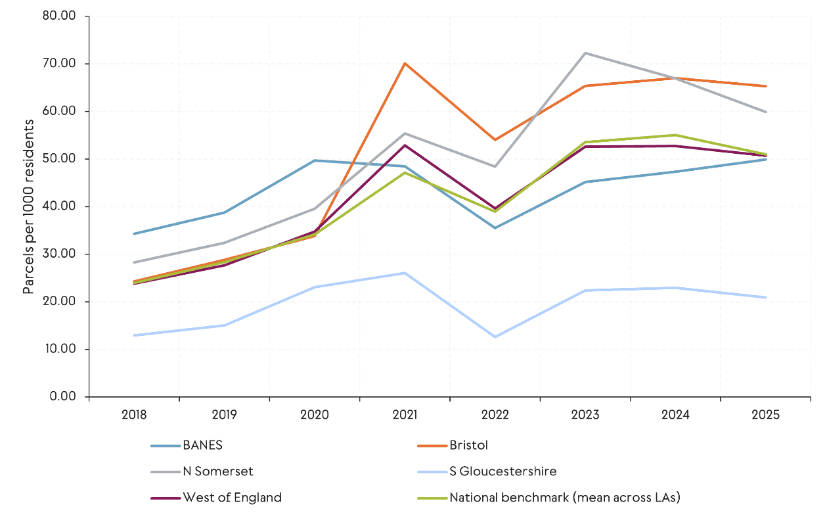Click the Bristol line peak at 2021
click(405, 63)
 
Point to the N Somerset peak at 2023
click(585, 53)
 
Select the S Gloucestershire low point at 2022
click(495, 337)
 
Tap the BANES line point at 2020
click(315, 160)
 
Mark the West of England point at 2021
click(405, 145)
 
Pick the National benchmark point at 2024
click(675, 135)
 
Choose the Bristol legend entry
click(468, 445)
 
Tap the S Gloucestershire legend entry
click(503, 471)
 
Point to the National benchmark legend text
click(564, 498)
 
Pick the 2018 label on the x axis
click(134, 415)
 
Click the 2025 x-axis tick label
click(766, 415)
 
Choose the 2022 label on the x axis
click(495, 415)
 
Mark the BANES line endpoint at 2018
click(134, 234)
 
